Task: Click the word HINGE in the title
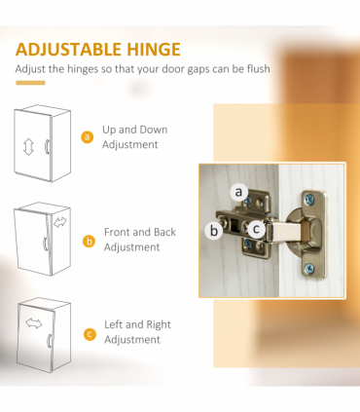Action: tap(154, 50)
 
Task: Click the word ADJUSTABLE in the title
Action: tap(68, 50)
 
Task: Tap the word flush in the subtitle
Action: tap(258, 69)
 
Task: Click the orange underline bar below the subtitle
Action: tap(30, 83)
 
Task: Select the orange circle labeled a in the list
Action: tap(87, 137)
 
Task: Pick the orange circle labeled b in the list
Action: tap(89, 242)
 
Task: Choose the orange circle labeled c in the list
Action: tap(90, 334)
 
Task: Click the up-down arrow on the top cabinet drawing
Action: tap(28, 147)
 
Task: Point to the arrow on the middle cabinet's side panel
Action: tap(60, 222)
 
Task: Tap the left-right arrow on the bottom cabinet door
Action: tap(34, 323)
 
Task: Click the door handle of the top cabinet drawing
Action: tap(47, 146)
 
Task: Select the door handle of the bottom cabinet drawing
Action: tap(50, 341)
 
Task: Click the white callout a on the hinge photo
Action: tap(239, 192)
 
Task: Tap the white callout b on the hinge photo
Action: tap(214, 231)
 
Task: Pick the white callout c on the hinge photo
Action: tap(256, 229)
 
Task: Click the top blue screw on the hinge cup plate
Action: tap(309, 199)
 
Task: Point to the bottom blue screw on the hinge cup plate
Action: tap(308, 268)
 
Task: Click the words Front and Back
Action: tap(140, 232)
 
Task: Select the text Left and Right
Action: tap(137, 324)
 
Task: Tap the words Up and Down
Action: tap(135, 130)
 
